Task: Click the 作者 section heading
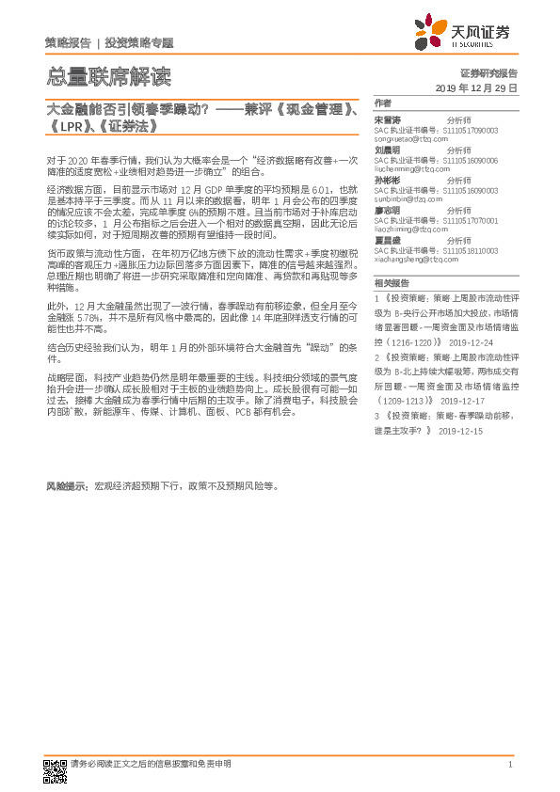coord(383,103)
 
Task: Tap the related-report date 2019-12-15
coord(460,430)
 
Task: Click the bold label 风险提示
coord(66,486)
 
